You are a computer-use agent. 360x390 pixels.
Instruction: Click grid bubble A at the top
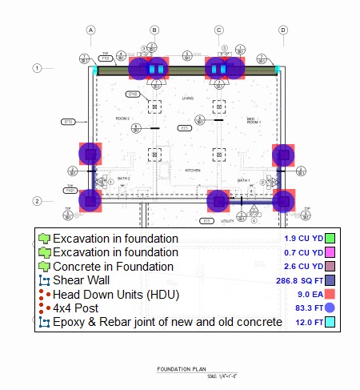point(91,30)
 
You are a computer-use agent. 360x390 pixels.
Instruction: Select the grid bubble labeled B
point(154,30)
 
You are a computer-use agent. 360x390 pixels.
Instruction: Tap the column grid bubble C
point(218,30)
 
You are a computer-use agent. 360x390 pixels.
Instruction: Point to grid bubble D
point(282,30)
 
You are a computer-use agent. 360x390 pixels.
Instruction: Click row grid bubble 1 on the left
point(37,68)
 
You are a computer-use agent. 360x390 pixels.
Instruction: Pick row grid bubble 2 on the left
point(37,201)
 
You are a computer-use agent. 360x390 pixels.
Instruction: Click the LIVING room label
point(188,99)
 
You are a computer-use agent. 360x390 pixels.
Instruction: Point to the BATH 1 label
point(243,180)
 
